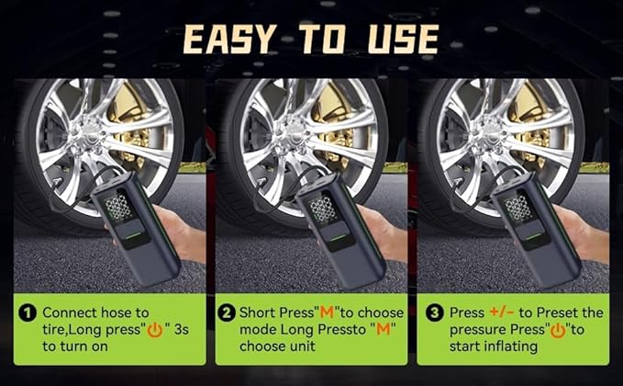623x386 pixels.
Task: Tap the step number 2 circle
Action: point(226,312)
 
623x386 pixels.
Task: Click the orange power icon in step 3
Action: point(557,329)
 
